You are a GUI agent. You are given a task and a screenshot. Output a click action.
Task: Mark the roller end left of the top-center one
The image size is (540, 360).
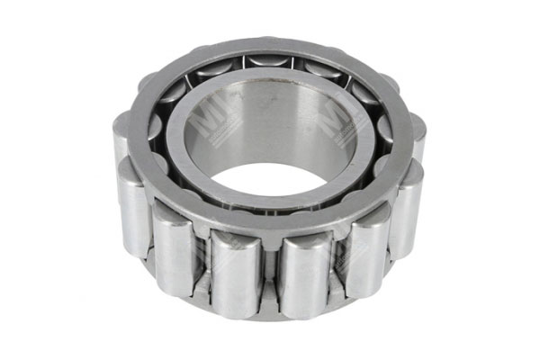pos(216,67)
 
